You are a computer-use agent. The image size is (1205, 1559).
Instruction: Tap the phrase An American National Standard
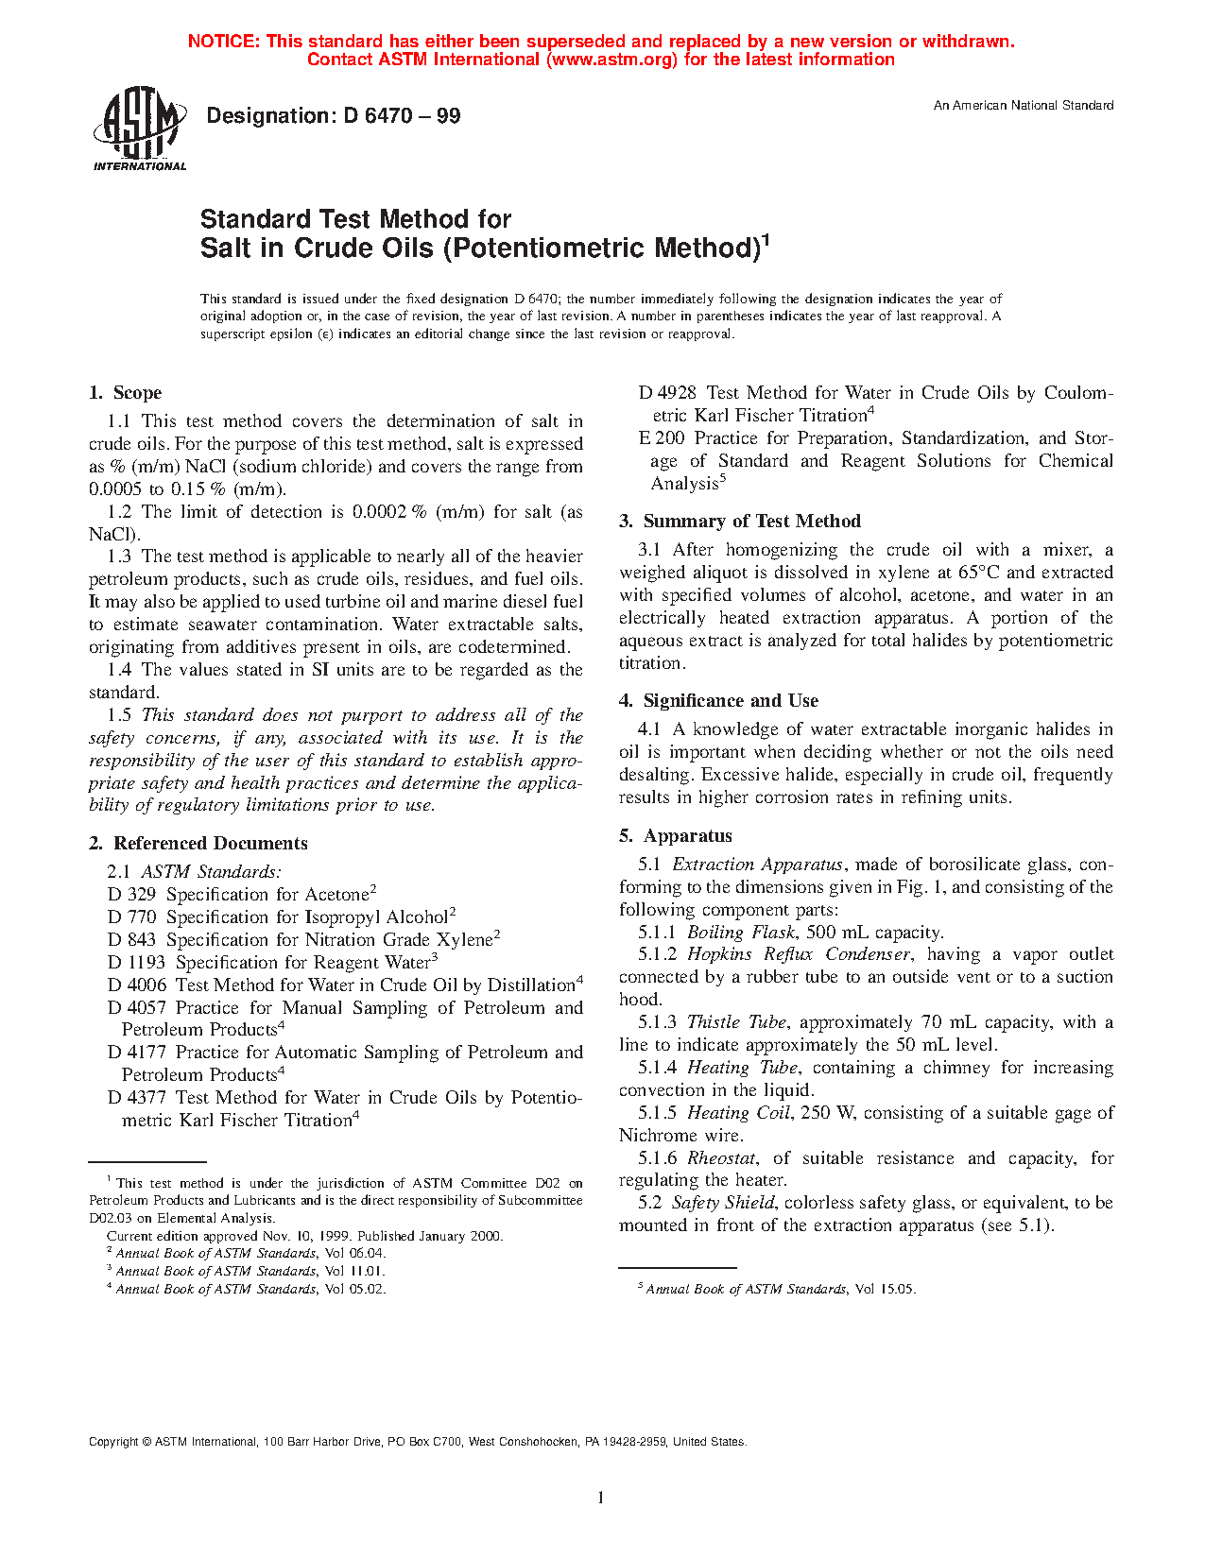point(1023,106)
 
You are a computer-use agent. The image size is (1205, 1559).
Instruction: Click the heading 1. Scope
point(126,393)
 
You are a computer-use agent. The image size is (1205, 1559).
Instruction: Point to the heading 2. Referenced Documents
point(198,844)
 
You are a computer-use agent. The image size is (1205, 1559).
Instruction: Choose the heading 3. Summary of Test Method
point(740,522)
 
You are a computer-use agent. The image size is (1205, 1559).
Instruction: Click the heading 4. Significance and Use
point(718,701)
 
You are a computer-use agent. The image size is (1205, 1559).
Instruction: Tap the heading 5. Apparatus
point(676,836)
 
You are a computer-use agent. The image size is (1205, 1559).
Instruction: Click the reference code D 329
point(131,895)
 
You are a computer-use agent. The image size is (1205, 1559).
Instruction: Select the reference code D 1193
point(136,963)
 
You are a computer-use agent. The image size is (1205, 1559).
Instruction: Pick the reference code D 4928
point(667,393)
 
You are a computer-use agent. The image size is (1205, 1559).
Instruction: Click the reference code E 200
point(662,438)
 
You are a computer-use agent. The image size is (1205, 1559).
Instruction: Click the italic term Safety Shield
point(723,1203)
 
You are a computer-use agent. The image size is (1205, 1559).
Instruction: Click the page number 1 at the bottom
point(601,1497)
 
